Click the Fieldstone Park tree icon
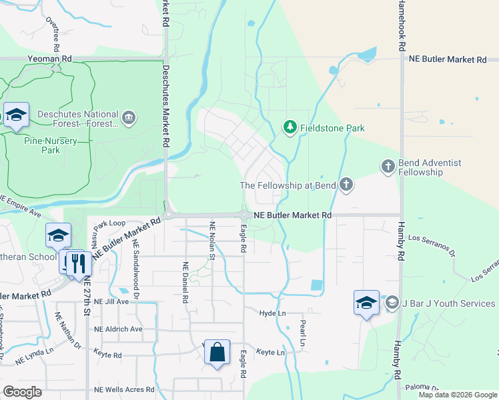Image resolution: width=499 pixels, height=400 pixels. pos(290,127)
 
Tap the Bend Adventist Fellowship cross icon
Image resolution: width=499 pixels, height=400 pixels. pos(388,166)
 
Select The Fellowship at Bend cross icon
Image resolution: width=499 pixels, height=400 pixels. pos(346,185)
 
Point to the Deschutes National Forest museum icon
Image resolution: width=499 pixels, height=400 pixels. pos(129,119)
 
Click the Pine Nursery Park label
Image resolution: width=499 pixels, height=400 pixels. pos(50,145)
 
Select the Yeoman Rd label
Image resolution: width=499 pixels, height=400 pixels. pos(49,59)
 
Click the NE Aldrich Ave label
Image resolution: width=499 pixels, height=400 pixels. pos(118,329)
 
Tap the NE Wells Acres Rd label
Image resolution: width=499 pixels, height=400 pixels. pos(124,389)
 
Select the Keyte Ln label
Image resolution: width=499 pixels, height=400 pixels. pos(271,352)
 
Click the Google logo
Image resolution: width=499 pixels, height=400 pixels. pos(23,391)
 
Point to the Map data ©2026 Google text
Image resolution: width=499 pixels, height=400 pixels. pos(458,395)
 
